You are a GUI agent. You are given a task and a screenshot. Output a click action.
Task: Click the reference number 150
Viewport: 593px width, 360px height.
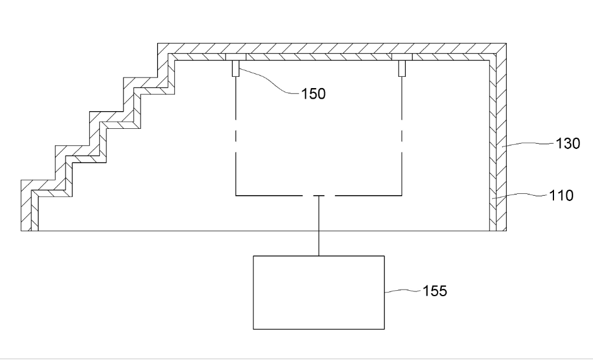(x=313, y=93)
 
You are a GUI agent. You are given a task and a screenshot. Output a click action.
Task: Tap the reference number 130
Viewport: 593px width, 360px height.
(x=567, y=144)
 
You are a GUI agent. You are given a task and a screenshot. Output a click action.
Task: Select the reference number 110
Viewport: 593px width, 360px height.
(x=561, y=195)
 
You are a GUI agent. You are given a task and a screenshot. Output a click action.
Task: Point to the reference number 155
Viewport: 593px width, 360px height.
(x=435, y=291)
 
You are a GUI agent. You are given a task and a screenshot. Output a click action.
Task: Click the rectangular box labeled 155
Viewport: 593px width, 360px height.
(x=319, y=293)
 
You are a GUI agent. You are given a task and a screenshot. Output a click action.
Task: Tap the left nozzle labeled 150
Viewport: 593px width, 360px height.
(x=236, y=69)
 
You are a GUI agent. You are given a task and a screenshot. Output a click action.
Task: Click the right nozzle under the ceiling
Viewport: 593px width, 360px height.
(x=402, y=69)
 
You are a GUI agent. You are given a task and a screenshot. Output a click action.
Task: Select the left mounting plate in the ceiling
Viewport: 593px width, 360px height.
(x=236, y=57)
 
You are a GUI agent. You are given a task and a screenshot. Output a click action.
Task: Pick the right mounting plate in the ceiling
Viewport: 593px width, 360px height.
(x=402, y=57)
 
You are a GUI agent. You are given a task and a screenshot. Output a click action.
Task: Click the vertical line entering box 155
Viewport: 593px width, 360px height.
(x=319, y=226)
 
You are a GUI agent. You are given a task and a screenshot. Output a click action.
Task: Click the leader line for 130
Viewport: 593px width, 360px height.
(x=529, y=144)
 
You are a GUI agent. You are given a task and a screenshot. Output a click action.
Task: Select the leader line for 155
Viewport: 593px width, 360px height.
(x=403, y=291)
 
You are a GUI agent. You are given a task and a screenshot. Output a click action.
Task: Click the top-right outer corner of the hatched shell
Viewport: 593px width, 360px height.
(x=506, y=44)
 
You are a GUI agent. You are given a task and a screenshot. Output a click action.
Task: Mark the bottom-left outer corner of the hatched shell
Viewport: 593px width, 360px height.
(x=21, y=231)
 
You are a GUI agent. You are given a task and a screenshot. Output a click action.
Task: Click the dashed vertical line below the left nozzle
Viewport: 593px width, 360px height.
(x=236, y=137)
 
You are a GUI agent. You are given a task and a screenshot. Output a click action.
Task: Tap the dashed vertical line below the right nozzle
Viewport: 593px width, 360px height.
(x=402, y=137)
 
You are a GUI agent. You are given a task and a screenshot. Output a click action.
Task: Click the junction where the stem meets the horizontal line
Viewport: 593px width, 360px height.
(x=319, y=196)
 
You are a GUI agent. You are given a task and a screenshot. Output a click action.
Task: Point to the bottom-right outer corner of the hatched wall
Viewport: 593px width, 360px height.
(x=506, y=231)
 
